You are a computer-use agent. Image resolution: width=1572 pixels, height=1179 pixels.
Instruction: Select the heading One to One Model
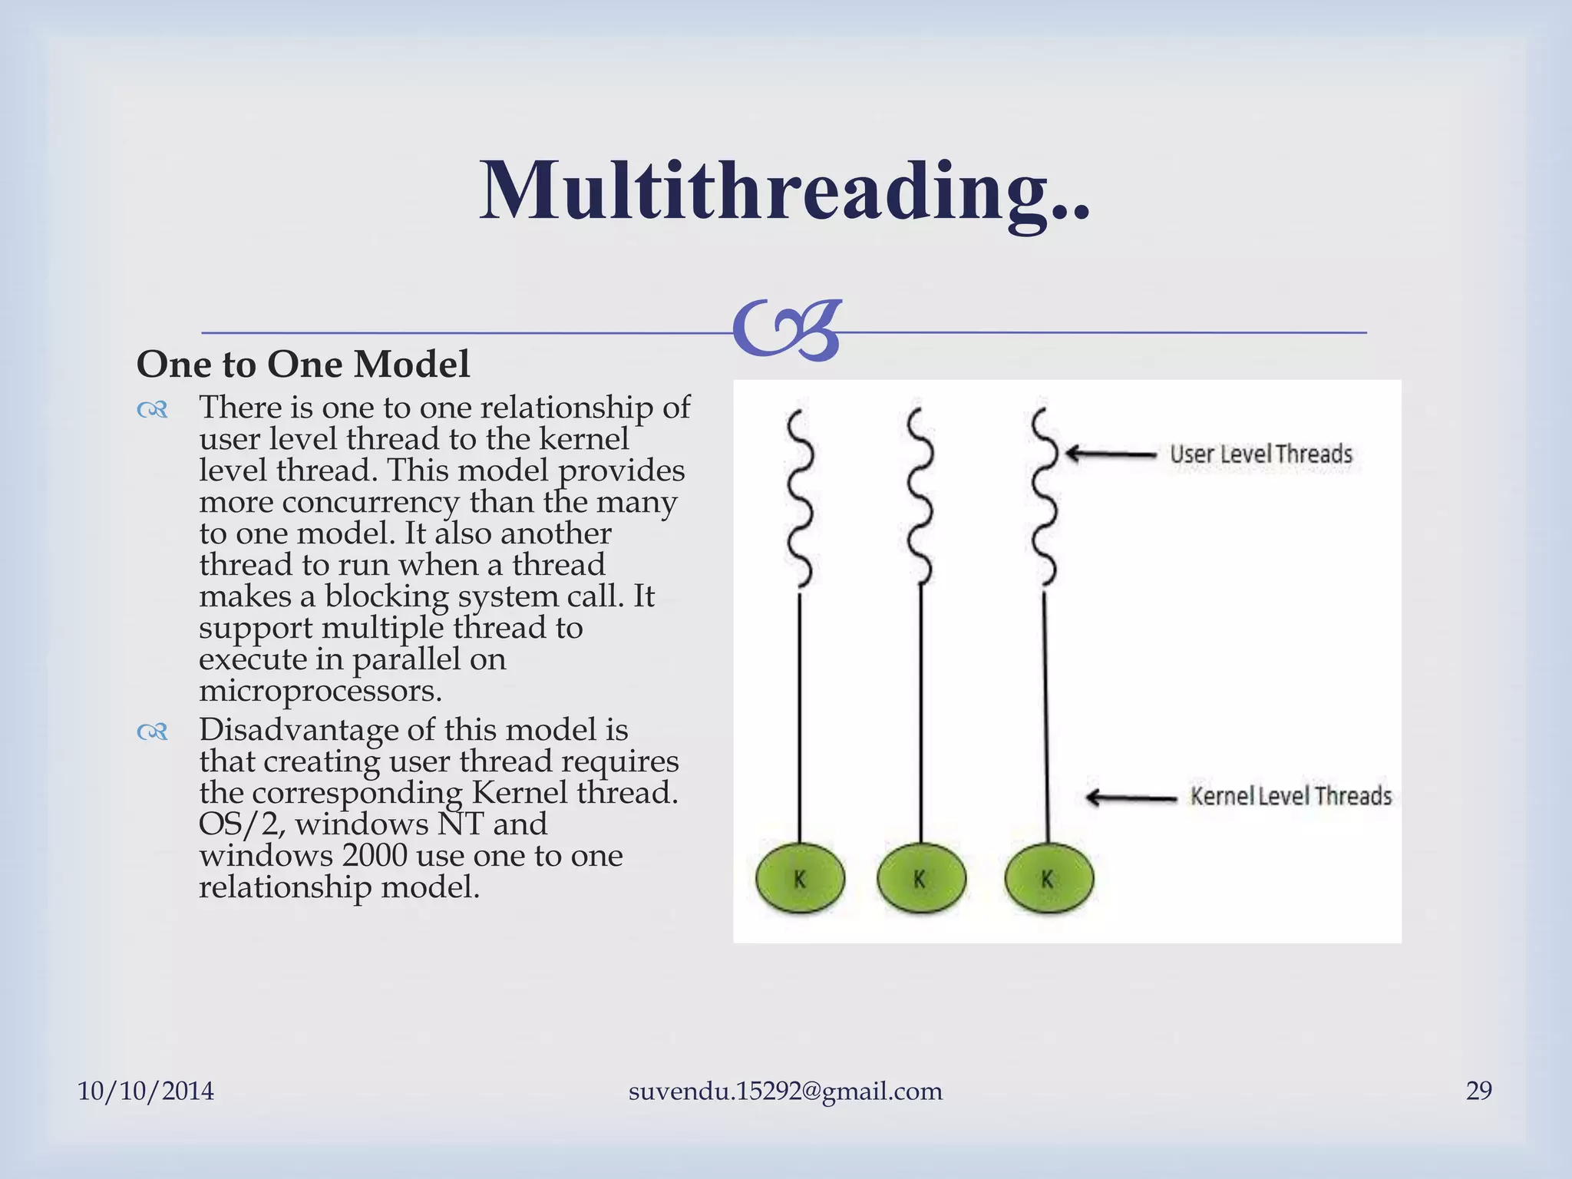tap(303, 364)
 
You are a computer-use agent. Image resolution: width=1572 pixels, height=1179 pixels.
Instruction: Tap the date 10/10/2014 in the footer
tap(146, 1091)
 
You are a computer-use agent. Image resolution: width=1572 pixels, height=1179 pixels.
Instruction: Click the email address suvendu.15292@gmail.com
tap(785, 1091)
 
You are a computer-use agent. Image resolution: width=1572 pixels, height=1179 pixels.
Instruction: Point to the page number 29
tap(1478, 1091)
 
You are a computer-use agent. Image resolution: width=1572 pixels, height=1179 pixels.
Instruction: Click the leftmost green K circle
tap(800, 879)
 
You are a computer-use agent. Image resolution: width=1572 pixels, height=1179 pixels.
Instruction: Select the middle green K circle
tap(920, 879)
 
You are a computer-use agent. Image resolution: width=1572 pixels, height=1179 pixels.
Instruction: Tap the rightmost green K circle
tap(1049, 879)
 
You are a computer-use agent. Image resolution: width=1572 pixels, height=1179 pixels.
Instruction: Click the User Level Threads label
tap(1260, 454)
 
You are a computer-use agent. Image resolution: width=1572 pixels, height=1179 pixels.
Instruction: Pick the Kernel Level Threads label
tap(1290, 796)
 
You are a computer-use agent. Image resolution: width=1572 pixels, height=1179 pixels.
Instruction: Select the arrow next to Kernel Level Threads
tap(1131, 798)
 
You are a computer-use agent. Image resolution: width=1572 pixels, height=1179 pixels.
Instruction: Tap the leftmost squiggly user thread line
tap(800, 499)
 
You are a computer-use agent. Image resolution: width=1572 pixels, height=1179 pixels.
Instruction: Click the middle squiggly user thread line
tap(920, 499)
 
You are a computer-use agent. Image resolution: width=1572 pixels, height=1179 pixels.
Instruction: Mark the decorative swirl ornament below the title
tap(788, 330)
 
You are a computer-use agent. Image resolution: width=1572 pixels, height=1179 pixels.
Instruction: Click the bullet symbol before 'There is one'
tap(152, 411)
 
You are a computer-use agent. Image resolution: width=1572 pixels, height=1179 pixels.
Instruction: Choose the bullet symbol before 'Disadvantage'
tap(152, 732)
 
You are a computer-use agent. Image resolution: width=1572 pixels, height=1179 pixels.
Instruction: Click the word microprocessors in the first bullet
tap(320, 690)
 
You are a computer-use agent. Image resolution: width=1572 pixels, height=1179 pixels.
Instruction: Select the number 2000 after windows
tap(374, 855)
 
